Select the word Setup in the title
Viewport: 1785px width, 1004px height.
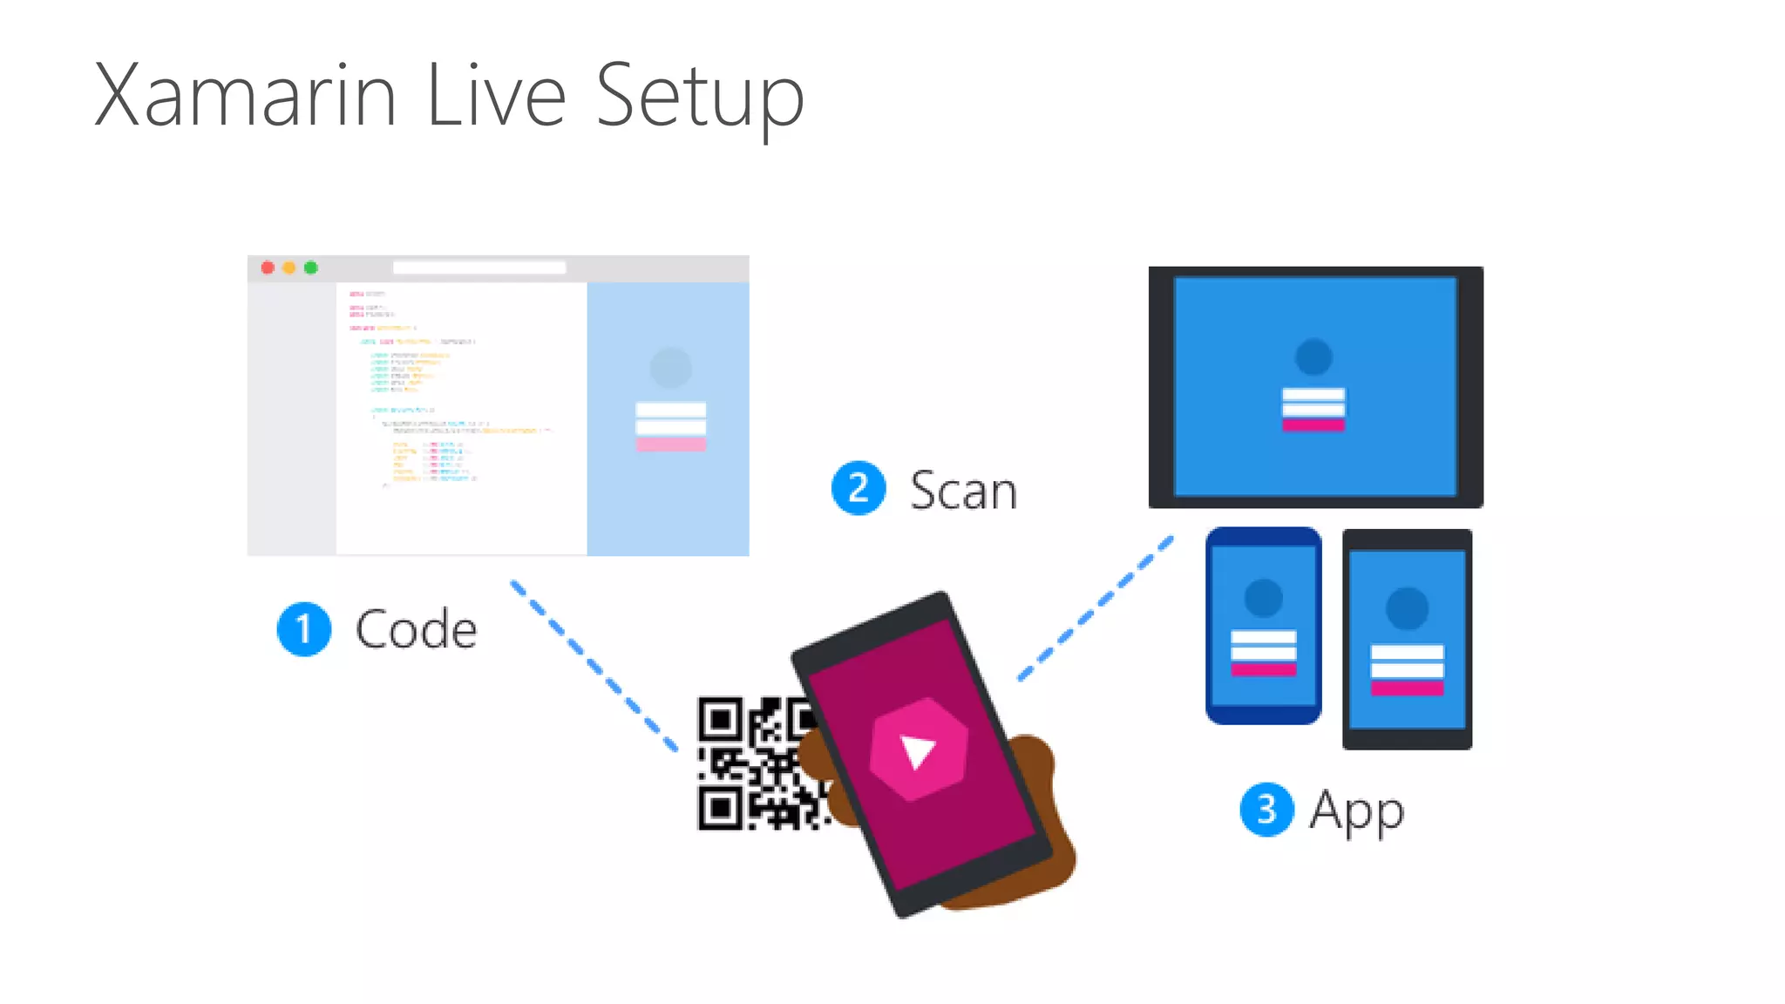pos(700,98)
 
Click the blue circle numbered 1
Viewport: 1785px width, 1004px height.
pos(303,628)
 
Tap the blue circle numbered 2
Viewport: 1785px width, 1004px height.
pos(859,488)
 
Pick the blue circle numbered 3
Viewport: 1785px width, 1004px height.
pos(1266,810)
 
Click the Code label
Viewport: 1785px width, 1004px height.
pos(416,628)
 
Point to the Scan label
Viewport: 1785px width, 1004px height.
pos(963,490)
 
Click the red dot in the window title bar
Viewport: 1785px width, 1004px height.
pos(268,268)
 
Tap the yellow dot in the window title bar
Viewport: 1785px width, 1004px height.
pos(289,268)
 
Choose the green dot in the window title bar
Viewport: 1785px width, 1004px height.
pos(311,268)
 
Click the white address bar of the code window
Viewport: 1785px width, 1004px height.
pos(479,268)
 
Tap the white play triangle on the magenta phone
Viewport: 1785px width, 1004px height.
pos(916,750)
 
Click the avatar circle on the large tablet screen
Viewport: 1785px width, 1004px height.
pos(1313,356)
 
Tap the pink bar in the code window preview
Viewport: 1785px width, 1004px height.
pos(670,444)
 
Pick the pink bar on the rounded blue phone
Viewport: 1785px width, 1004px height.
pos(1263,669)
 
